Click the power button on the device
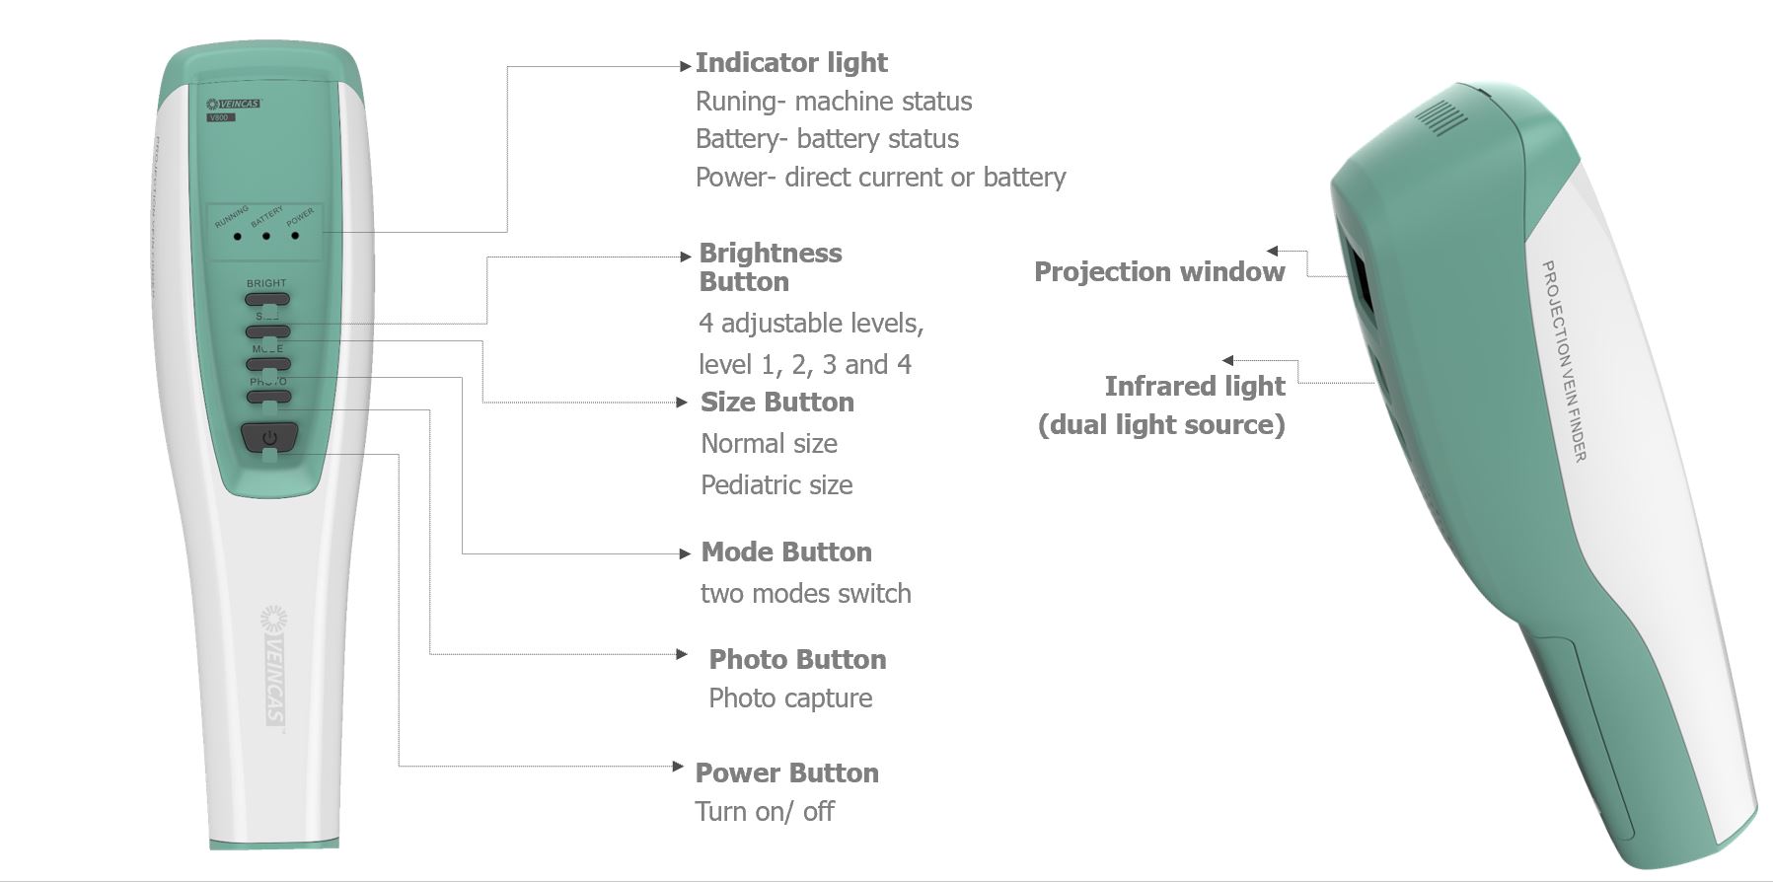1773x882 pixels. pos(268,436)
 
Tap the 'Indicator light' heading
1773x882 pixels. pos(791,63)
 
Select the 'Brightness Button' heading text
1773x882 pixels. pos(770,267)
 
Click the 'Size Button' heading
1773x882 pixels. pos(776,403)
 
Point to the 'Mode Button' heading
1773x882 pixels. pos(785,552)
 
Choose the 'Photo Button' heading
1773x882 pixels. pos(797,660)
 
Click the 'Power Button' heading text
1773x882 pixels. pos(786,773)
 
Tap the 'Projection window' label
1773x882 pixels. pos(1159,272)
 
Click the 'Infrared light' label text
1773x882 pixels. pos(1194,387)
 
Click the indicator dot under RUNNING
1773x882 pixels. pos(238,237)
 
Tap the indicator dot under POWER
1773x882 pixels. pos(295,236)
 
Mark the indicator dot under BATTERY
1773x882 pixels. pos(266,237)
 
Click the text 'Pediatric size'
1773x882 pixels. pos(776,485)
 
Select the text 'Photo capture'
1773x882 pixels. pos(790,698)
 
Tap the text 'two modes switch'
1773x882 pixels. pos(805,594)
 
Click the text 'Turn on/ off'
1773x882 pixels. pos(765,812)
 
